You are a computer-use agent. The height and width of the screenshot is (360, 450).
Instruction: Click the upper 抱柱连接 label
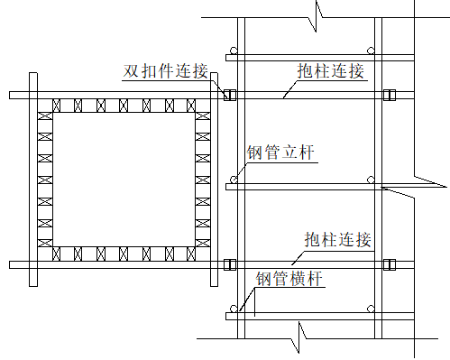(330, 70)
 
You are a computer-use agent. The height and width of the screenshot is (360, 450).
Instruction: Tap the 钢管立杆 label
(280, 152)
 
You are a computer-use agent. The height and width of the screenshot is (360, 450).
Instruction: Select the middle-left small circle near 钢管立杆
(233, 180)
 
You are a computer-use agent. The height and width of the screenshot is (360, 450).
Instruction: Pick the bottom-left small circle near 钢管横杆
(233, 309)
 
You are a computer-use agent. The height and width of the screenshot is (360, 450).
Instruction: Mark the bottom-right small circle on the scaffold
(371, 309)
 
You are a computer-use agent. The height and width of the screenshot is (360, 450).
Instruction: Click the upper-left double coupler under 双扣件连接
(228, 94)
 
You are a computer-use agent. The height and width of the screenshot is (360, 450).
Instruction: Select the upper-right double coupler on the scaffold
(389, 94)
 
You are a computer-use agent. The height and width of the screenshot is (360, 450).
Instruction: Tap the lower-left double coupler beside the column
(228, 265)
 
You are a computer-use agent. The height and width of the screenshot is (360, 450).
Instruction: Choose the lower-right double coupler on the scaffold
(389, 265)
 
